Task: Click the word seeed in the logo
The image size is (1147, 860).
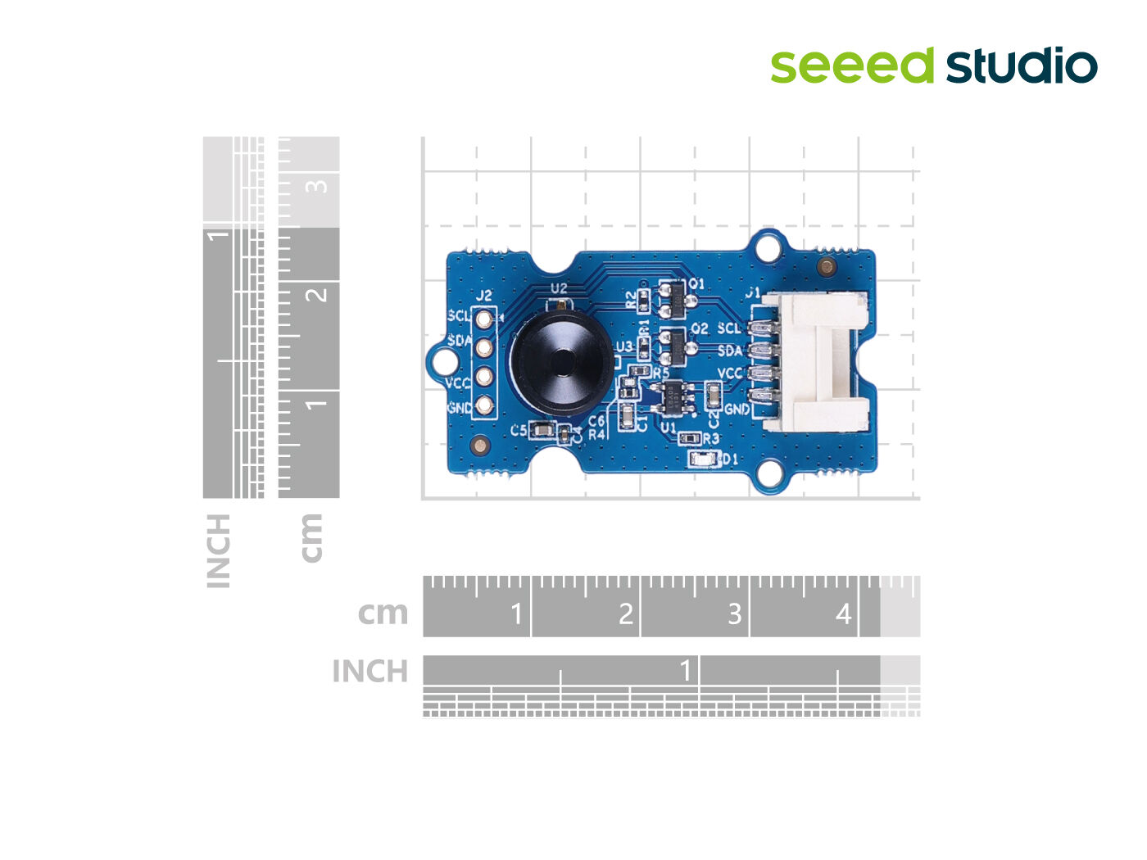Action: point(851,66)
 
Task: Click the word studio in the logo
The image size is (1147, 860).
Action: point(1022,66)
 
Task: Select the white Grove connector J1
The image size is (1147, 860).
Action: point(815,361)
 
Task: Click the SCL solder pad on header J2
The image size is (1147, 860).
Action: point(484,318)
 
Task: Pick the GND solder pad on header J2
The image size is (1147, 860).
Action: point(484,405)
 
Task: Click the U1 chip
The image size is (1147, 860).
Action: point(673,398)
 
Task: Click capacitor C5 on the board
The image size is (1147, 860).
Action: point(542,430)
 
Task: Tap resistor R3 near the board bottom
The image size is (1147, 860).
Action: point(689,439)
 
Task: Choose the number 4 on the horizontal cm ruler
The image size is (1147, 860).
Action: point(843,613)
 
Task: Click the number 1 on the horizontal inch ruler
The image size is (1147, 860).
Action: point(686,671)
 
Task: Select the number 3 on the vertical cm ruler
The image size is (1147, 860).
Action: point(316,186)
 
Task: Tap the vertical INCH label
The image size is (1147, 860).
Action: point(218,550)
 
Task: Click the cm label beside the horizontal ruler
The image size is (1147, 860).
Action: point(383,613)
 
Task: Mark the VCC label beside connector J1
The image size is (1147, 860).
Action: point(729,373)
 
